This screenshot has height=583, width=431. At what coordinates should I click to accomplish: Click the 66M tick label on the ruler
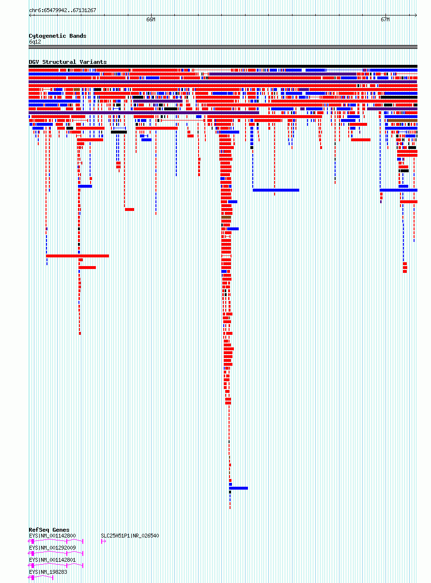(151, 20)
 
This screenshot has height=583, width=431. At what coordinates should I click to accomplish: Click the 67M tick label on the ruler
(385, 20)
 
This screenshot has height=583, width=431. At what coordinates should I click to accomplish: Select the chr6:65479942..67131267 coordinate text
(62, 10)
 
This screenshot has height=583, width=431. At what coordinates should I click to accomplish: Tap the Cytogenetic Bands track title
(57, 36)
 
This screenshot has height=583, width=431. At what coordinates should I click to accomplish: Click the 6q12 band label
(35, 42)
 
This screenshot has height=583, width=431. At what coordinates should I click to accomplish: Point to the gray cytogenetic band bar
(223, 47)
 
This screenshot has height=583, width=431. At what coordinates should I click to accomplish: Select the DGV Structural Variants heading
(68, 62)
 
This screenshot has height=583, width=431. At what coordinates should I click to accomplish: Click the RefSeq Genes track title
(49, 530)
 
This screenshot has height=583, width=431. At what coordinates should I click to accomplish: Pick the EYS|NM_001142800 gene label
(52, 536)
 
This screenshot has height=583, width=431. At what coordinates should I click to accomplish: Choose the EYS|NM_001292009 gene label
(52, 548)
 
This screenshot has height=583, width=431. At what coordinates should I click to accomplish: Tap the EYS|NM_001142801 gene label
(52, 560)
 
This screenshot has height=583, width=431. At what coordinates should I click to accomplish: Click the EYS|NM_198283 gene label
(48, 572)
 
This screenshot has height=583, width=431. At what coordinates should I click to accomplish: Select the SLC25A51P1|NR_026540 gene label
(130, 536)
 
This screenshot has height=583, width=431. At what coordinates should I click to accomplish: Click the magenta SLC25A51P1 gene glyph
(104, 541)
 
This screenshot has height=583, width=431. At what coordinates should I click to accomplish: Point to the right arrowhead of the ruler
(416, 15)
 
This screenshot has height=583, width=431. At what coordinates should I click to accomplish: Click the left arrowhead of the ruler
(30, 15)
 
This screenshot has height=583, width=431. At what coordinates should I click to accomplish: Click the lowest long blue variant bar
(238, 488)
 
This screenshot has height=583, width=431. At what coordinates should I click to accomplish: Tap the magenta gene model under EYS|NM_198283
(41, 578)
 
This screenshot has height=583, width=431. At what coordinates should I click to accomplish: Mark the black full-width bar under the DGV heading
(223, 66)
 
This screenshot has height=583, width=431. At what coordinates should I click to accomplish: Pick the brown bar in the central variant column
(226, 217)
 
